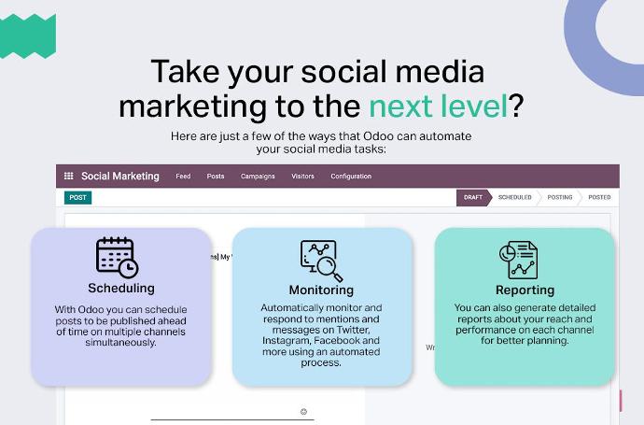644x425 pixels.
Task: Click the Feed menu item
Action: tap(183, 177)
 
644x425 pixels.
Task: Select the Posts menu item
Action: tap(216, 177)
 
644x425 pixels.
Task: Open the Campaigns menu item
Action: tap(258, 177)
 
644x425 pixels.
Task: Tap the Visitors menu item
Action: tap(302, 177)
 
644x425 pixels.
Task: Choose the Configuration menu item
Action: tap(351, 177)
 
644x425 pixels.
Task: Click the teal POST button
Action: tap(78, 198)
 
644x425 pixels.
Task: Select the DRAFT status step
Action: tap(473, 198)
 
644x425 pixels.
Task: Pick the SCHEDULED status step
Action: tap(514, 198)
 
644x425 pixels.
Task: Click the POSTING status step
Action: tap(560, 198)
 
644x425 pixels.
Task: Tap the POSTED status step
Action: tap(599, 198)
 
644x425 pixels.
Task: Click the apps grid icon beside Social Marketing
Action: tap(68, 176)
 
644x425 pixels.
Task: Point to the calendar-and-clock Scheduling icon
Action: tap(117, 257)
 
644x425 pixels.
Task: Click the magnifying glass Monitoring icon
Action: tap(322, 261)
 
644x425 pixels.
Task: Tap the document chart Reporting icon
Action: tap(518, 261)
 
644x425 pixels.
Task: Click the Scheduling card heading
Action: tap(121, 288)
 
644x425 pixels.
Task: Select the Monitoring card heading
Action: tap(321, 290)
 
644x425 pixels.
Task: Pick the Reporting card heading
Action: tap(525, 290)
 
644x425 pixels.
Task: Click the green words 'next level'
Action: tap(439, 106)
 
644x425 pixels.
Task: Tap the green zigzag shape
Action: tap(27, 36)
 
